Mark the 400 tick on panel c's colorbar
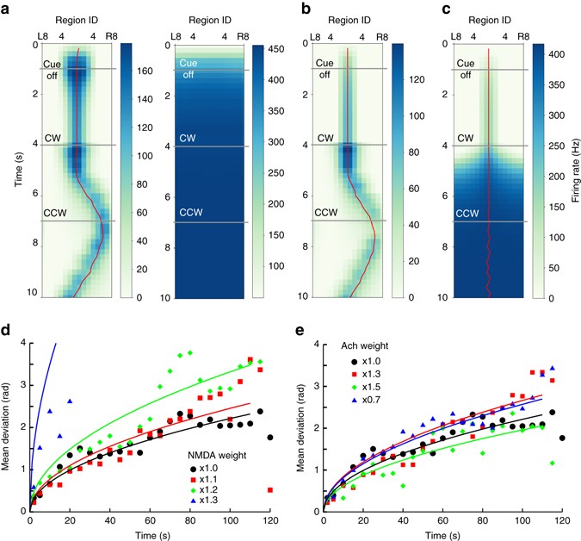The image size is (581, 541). coord(556,54)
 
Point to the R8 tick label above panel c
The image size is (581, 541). coord(523,38)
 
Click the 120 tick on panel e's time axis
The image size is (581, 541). coord(563,523)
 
